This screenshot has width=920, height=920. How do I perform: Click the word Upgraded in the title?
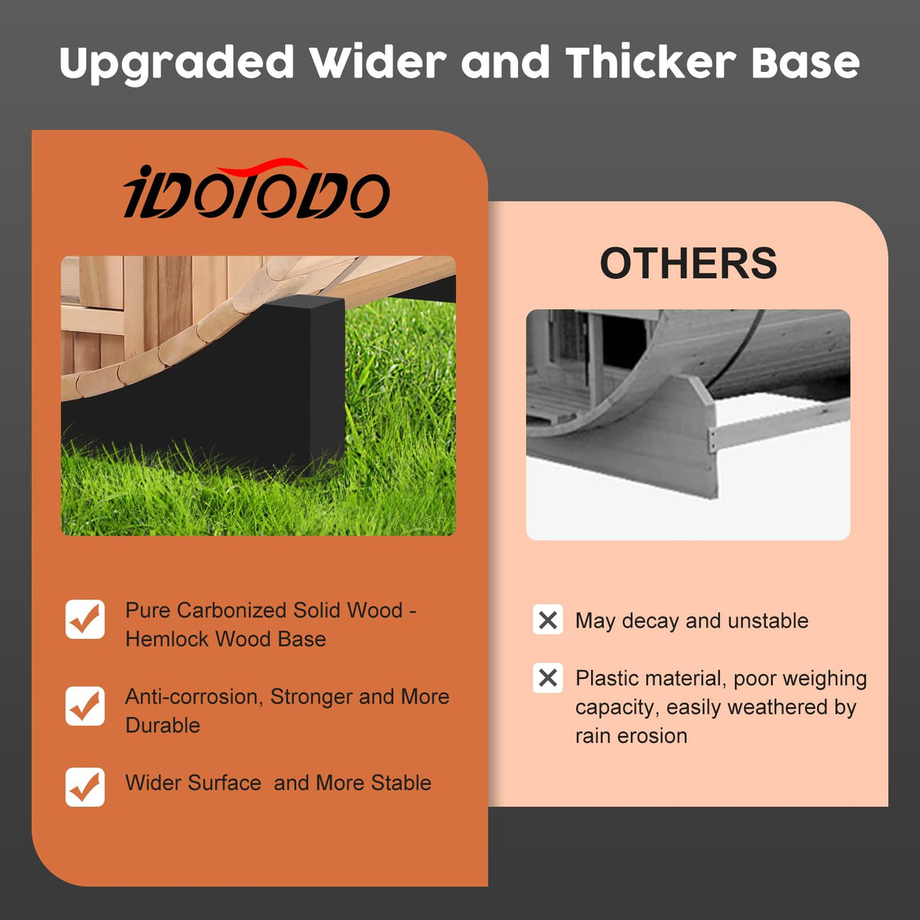click(x=177, y=64)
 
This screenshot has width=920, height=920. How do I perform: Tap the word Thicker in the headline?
click(x=650, y=62)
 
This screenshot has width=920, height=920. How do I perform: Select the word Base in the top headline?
click(x=805, y=62)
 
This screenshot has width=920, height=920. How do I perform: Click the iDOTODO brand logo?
click(x=256, y=193)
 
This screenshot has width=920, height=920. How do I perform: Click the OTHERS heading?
click(x=688, y=263)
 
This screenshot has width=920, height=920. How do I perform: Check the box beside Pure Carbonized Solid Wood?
click(x=85, y=619)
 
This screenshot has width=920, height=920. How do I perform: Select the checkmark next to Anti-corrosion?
click(x=85, y=706)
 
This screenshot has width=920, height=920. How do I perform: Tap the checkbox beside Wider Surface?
click(x=85, y=787)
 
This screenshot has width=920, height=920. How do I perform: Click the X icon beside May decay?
click(x=548, y=620)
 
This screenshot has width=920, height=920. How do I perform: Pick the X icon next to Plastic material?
click(x=548, y=677)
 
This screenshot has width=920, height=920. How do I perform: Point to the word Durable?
click(x=163, y=726)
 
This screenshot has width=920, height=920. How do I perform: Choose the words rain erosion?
click(x=631, y=736)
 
